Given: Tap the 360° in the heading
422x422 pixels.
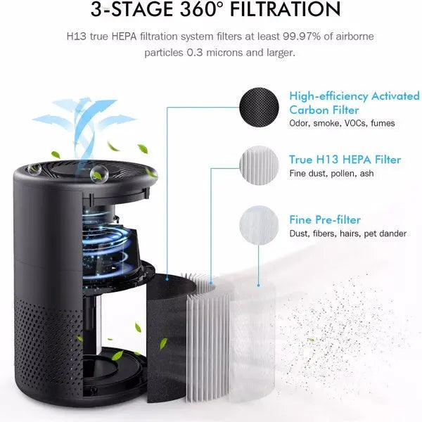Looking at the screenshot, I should tap(191, 10).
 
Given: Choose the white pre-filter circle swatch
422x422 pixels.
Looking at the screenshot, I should tap(261, 223).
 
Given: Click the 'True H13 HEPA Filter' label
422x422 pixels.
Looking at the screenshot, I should tap(345, 160).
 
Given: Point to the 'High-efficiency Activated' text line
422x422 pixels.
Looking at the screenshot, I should tap(354, 96).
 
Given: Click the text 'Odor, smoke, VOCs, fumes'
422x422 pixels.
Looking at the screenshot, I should tap(342, 124).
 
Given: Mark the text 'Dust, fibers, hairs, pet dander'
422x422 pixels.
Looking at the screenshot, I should tap(347, 234).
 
